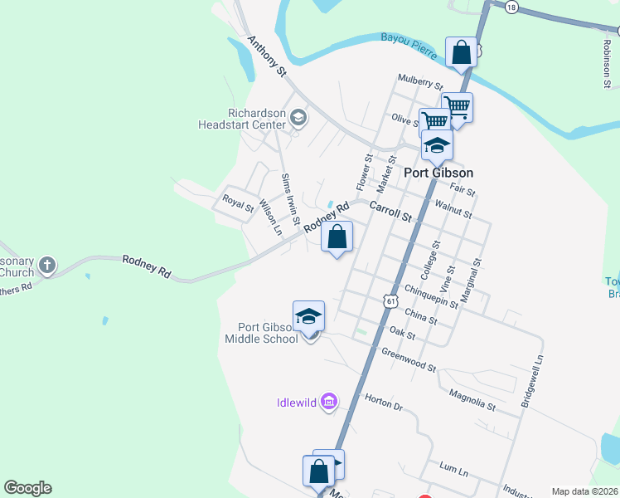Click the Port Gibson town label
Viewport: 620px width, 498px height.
438,173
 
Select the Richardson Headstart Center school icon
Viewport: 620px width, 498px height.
298,119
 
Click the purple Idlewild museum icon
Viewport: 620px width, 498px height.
329,403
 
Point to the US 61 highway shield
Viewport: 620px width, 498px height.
390,300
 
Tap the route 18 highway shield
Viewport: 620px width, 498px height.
511,7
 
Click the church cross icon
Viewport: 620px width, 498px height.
48,266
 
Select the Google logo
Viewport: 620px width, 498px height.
27,488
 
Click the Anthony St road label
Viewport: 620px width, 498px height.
266,56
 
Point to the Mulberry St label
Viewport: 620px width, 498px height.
421,82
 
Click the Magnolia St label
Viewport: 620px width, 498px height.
472,399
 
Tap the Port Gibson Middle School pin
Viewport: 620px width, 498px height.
309,318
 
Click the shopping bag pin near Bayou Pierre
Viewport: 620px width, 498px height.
462,53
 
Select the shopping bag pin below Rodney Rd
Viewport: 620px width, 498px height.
337,237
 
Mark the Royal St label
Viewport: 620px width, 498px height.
238,203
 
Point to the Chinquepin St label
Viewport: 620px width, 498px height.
432,295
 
